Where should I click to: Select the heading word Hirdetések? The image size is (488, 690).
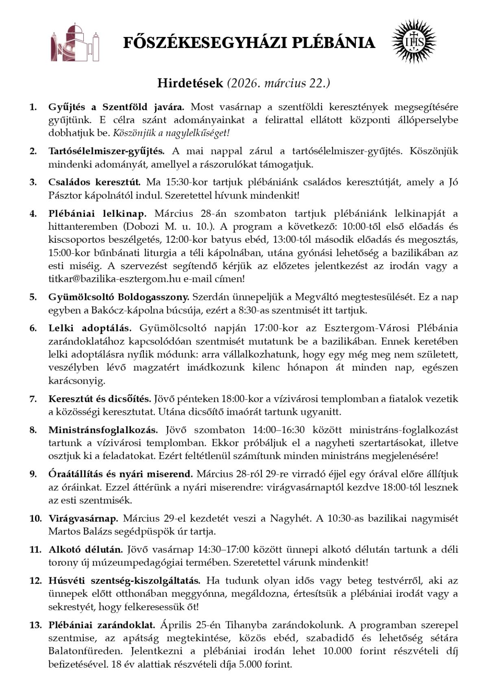pos(190,83)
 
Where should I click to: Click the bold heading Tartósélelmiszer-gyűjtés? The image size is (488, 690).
pos(107,151)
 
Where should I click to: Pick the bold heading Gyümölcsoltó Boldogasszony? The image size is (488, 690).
pos(119,297)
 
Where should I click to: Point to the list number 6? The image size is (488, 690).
pos(33,328)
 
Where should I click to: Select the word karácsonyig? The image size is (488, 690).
pos(77,381)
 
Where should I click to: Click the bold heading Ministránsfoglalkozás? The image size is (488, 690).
pos(103,430)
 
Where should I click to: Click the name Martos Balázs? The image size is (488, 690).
pos(76,531)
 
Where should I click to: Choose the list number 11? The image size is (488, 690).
pos(35,549)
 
